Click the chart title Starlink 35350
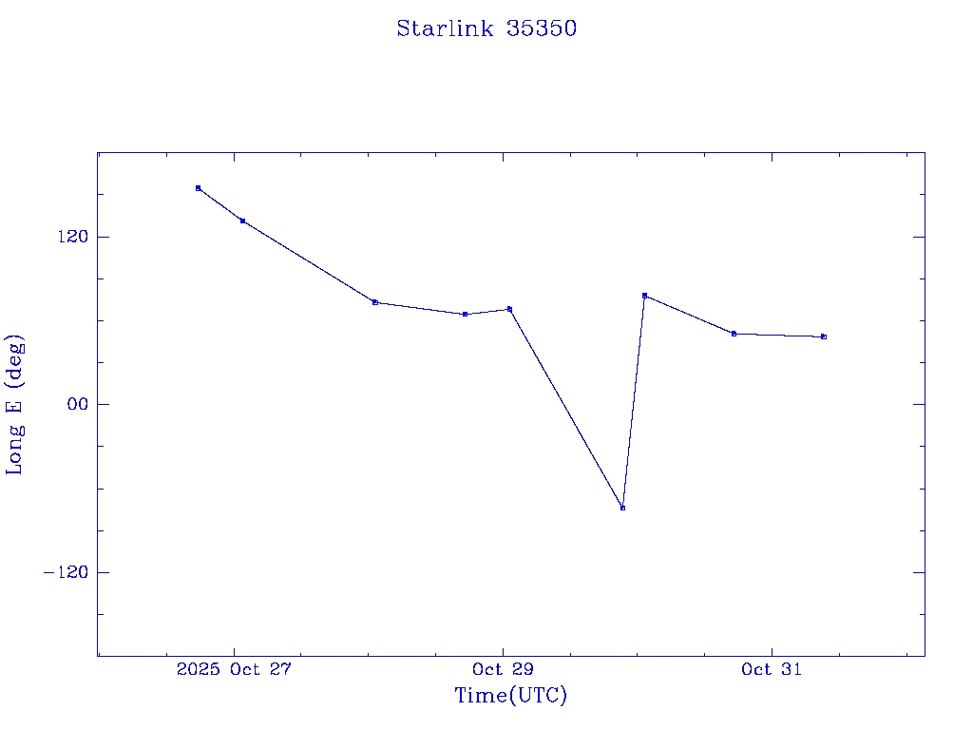click(486, 29)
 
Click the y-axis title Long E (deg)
click(15, 404)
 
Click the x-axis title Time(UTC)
click(510, 696)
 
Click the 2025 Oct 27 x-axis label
click(234, 669)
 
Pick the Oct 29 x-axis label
click(503, 669)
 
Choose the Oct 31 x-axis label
click(771, 669)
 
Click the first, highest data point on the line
click(198, 188)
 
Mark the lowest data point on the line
click(622, 508)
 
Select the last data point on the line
click(824, 336)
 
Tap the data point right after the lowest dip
click(644, 296)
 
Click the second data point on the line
click(242, 221)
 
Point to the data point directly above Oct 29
click(509, 309)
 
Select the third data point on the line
click(375, 302)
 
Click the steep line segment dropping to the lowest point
click(566, 409)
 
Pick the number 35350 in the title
click(542, 29)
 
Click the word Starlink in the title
click(446, 29)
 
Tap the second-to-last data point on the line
click(734, 334)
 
